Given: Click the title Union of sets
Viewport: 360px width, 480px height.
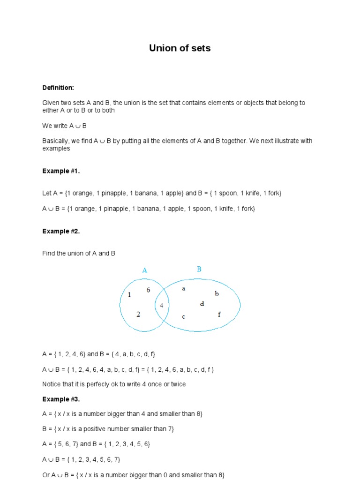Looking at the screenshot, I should click(x=180, y=48).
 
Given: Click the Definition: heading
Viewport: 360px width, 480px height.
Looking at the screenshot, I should click(x=58, y=88).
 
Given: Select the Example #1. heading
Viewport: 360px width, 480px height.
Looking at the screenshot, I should click(x=61, y=171).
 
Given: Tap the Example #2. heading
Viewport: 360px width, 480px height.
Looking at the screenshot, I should click(x=61, y=231).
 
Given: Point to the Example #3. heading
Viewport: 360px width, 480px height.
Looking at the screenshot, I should click(x=61, y=399).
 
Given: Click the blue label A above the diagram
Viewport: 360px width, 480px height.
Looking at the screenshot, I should click(x=145, y=270).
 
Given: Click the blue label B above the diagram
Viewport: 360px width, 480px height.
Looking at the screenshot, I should click(x=199, y=269).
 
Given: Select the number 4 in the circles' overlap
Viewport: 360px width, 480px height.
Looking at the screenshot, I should click(x=162, y=305).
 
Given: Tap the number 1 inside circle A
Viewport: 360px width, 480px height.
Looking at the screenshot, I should click(x=129, y=295).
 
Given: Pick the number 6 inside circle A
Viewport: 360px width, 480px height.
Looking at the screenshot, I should click(x=148, y=290).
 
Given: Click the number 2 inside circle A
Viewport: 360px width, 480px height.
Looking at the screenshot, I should click(x=138, y=315).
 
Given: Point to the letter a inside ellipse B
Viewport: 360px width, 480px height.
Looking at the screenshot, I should click(x=184, y=289).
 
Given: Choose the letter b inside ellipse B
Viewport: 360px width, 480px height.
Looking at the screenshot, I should click(x=217, y=294).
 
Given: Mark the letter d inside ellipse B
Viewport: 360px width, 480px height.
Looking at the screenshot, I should click(x=202, y=304).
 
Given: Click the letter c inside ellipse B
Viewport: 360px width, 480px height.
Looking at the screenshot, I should click(x=184, y=316).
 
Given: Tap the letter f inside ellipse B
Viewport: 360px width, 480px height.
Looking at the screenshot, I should click(x=219, y=315).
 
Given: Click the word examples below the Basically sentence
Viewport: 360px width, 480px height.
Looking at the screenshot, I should click(x=56, y=149).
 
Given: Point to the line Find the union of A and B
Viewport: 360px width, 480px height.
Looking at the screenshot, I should click(x=79, y=254).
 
